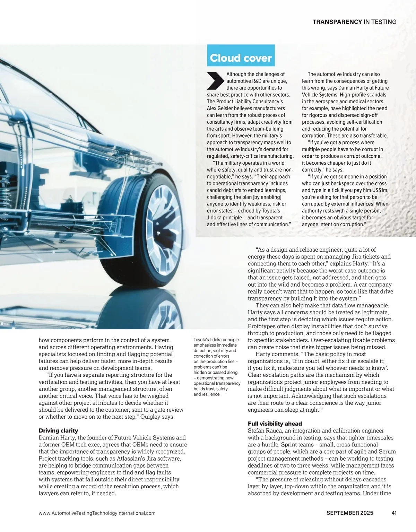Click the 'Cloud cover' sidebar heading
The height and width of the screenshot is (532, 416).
click(241, 58)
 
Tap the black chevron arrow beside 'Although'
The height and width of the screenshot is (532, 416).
click(215, 81)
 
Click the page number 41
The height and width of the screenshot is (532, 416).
click(393, 513)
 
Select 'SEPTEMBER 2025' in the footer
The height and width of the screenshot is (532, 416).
click(350, 513)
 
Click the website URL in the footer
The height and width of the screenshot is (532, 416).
click(97, 513)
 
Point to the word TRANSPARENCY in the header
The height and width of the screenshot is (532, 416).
click(337, 22)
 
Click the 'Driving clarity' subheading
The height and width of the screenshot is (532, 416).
click(58, 430)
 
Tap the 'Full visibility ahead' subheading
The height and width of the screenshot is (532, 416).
click(275, 424)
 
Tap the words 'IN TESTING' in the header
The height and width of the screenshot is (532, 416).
click(380, 22)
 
